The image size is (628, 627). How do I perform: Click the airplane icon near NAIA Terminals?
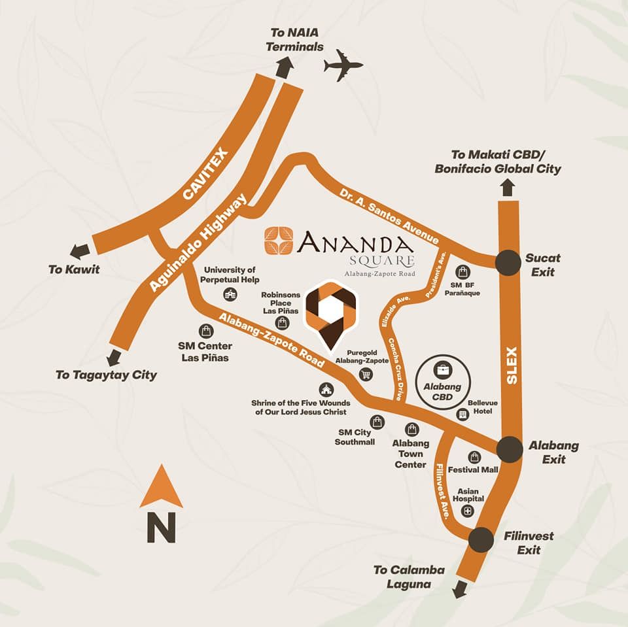pos(343,66)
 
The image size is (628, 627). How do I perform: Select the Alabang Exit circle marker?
pos(510,450)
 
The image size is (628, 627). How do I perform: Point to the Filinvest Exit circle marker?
pos(481,539)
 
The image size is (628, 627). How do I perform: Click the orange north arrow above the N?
pos(161,486)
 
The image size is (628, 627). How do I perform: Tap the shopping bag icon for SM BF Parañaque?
pos(463,271)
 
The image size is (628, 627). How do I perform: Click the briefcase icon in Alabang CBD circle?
pos(443,370)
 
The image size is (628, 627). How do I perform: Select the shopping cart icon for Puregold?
pos(366,374)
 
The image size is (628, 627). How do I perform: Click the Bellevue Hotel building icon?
pos(462,415)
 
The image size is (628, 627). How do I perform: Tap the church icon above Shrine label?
pos(326,390)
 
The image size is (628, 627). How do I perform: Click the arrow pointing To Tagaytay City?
pos(115,357)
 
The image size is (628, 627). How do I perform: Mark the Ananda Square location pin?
pos(330,313)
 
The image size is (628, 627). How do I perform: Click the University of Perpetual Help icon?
pos(230,295)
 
